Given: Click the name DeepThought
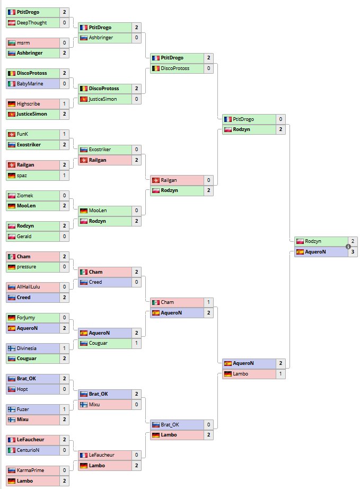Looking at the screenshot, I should (x=32, y=23).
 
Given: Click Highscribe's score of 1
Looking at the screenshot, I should (x=64, y=104).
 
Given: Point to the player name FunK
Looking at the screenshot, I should (x=23, y=134).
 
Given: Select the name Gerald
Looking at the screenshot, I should (x=25, y=236).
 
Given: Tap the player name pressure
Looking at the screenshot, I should (x=27, y=267).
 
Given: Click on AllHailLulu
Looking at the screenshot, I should (x=30, y=287).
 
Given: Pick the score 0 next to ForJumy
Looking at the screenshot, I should (x=64, y=318).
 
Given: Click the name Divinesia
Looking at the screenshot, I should (x=29, y=348).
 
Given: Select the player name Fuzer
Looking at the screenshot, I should (x=23, y=409).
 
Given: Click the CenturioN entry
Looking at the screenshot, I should (x=29, y=450).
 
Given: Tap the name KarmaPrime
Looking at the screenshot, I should (x=30, y=470).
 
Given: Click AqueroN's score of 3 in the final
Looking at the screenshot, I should (x=353, y=252).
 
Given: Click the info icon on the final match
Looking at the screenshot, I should (x=348, y=247).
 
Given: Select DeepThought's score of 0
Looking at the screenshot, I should (x=64, y=23).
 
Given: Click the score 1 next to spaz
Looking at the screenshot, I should (x=64, y=175).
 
